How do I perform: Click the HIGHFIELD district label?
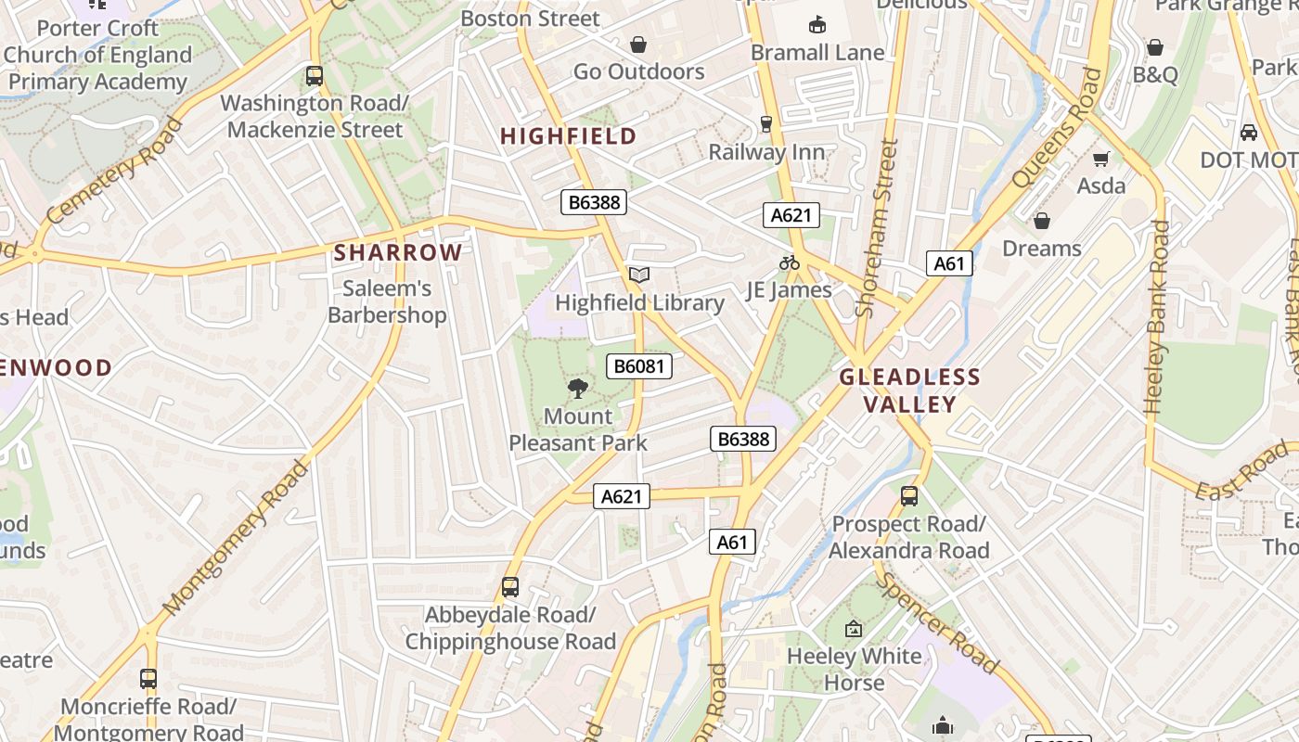point(569,136)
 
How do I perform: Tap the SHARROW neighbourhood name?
point(398,252)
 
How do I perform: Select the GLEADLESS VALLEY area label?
point(909,390)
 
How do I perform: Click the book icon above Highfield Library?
point(639,275)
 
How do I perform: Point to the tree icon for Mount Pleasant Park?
point(578,388)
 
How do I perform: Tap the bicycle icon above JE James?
point(790,262)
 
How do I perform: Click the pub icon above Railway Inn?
point(766,124)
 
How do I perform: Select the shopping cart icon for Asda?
point(1101,159)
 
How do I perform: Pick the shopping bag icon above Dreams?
point(1042,221)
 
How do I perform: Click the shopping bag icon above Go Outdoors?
point(638,44)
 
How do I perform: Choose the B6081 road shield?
point(639,366)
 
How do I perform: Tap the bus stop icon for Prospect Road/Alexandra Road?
point(909,496)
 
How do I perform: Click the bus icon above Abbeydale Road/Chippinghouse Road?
point(510,587)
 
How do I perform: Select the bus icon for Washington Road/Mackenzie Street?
point(315,76)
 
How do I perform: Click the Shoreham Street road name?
point(878,228)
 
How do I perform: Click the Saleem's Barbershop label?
point(387,301)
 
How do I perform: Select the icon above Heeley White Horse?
point(854,630)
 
